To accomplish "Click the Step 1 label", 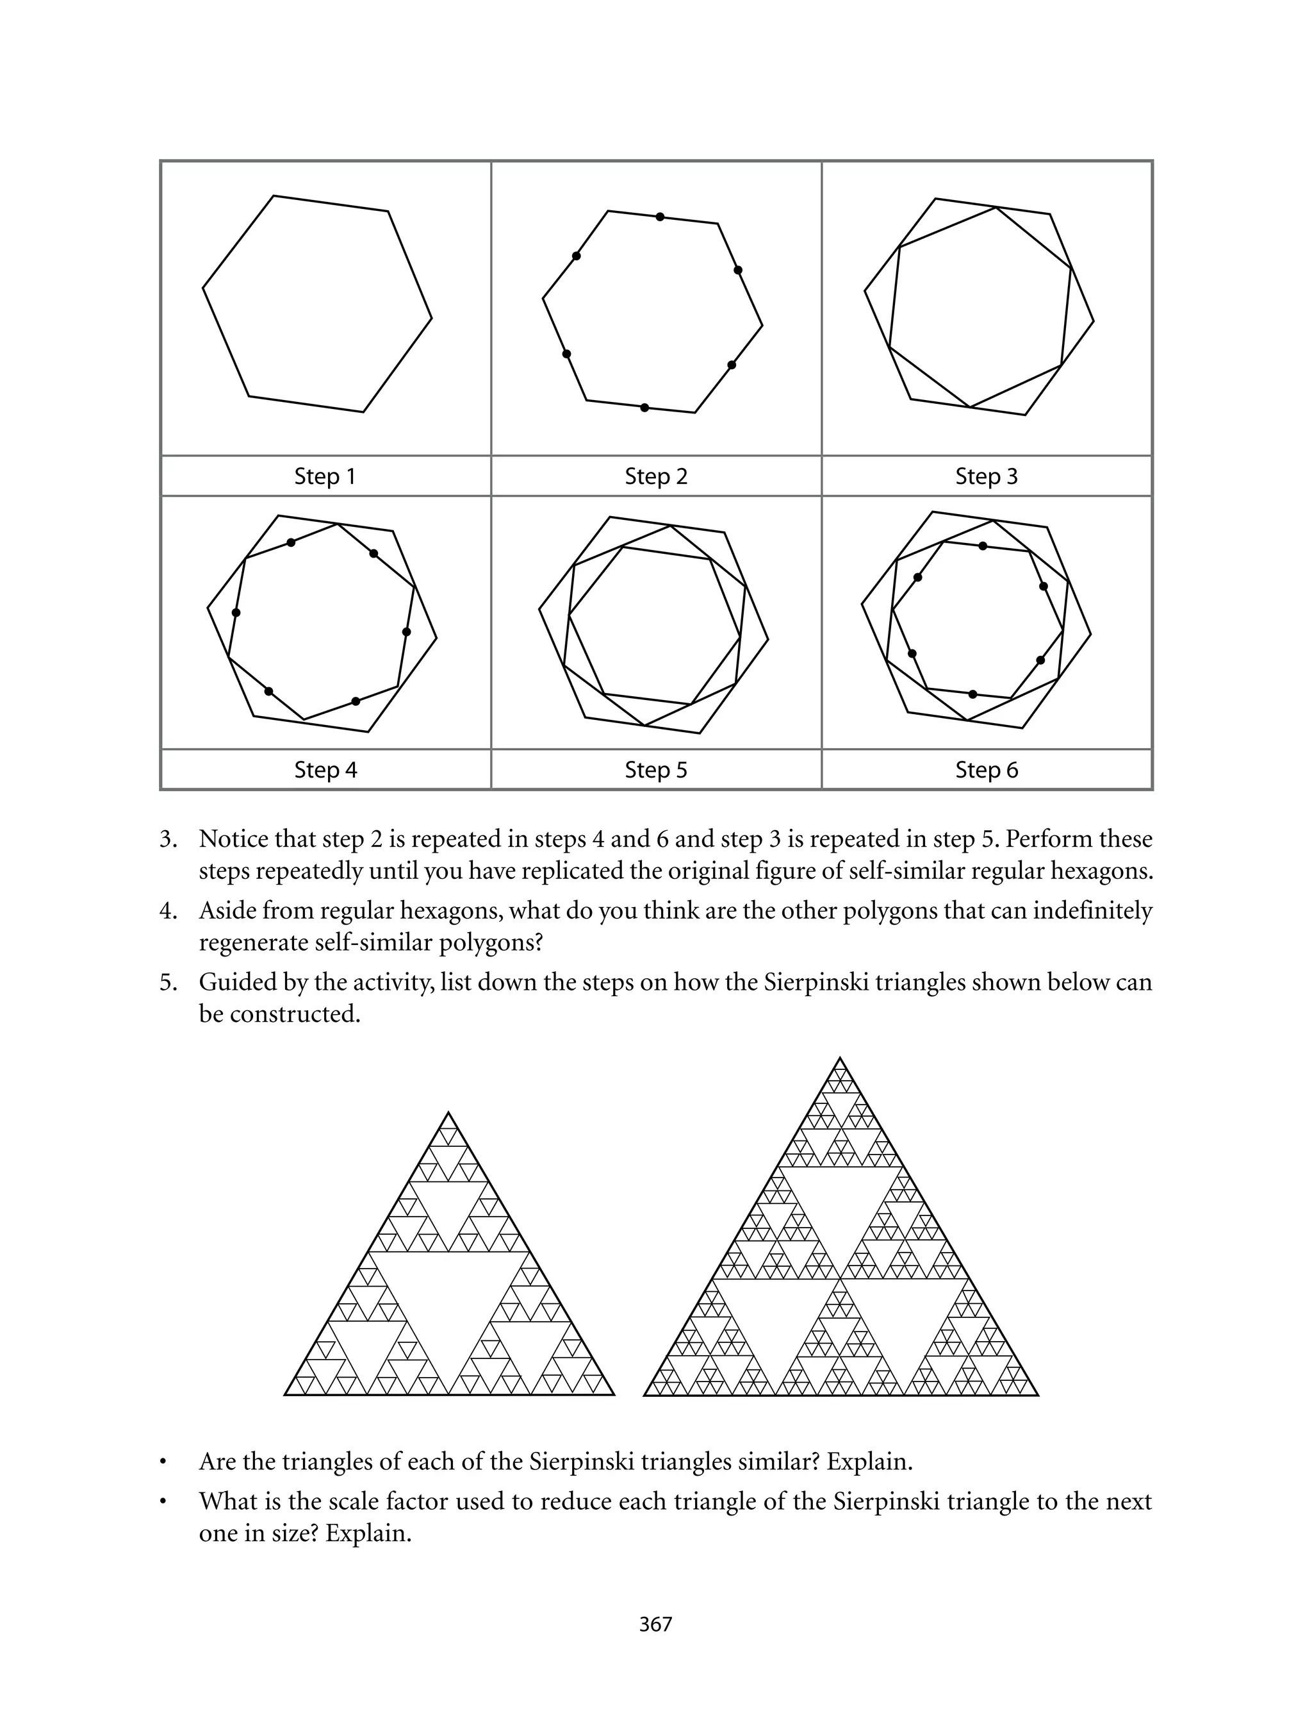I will tap(325, 476).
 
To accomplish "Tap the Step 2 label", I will tap(656, 476).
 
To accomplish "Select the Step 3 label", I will tap(987, 476).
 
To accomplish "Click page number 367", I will tap(655, 1624).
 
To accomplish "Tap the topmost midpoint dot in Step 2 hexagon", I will tap(660, 217).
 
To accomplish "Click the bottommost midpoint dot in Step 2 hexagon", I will tap(644, 408).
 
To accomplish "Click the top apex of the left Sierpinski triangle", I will tap(448, 1112).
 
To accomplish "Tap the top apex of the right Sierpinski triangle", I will tap(840, 1058).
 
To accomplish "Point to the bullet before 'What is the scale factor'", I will tap(163, 1503).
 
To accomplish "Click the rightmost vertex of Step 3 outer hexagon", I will tap(1094, 321).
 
